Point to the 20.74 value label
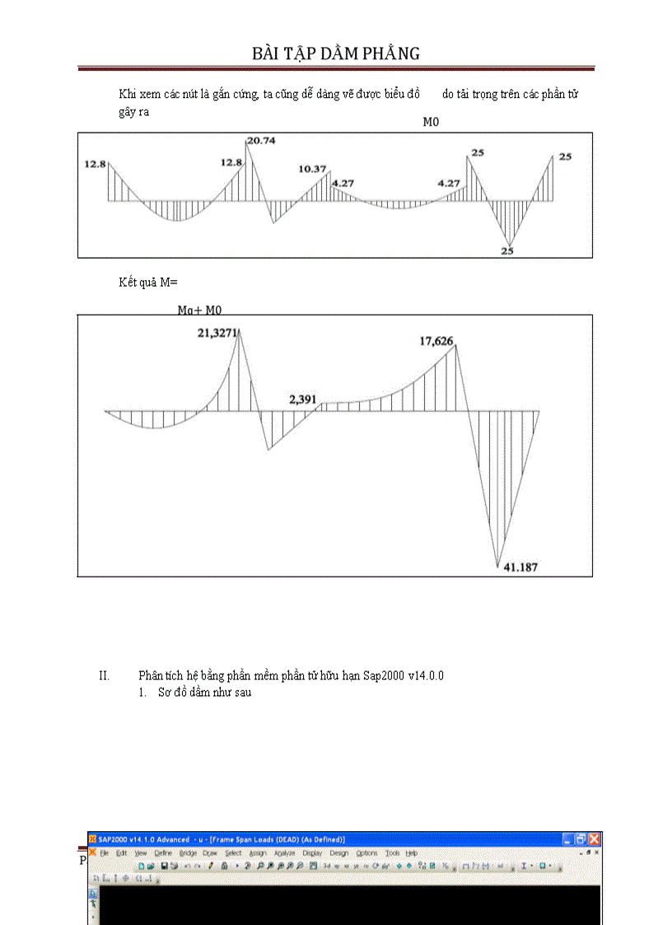pos(261,141)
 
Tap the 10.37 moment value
pos(312,169)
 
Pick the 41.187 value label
pos(520,568)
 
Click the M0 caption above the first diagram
pos(432,122)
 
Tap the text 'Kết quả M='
pos(147,283)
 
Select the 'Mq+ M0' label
pos(199,311)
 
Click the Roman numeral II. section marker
pos(104,676)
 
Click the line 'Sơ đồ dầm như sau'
pos(204,693)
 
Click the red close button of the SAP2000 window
pos(594,839)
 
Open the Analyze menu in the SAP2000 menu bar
pos(284,853)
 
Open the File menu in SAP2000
pos(105,853)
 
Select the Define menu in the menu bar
pos(163,853)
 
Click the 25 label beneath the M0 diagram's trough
pos(507,251)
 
